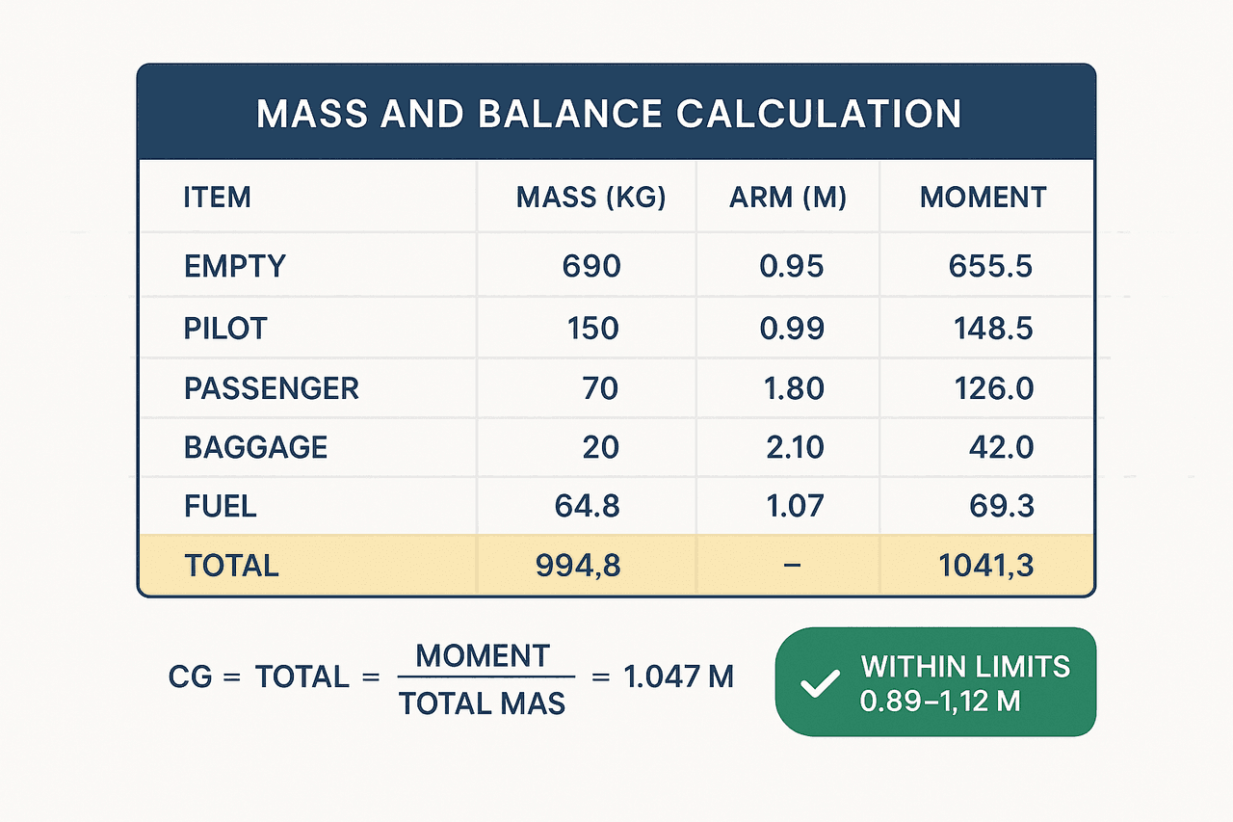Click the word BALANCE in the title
pos(569,114)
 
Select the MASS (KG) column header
pos(590,198)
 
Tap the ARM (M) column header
pos(788,198)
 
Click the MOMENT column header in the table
pos(984,198)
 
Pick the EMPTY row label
pos(235,267)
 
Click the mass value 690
pos(591,267)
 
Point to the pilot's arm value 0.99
pos(792,329)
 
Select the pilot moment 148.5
pos(993,329)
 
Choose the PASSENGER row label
pos(272,388)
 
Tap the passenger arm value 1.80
pos(794,388)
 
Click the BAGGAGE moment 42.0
pos(1001,447)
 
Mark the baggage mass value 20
pos(600,447)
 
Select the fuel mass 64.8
pos(587,506)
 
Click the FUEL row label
pos(221,506)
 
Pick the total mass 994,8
pos(578,566)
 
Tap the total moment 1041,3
pos(985,566)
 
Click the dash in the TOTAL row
pos(792,566)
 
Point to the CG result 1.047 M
pos(679,676)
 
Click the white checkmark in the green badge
pos(820,684)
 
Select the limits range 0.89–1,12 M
pos(939,702)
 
